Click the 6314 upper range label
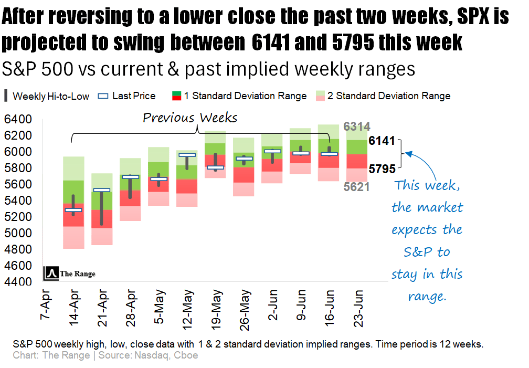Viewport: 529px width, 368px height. [357, 127]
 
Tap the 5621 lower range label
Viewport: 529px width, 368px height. [357, 186]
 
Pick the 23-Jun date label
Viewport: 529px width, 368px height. [358, 309]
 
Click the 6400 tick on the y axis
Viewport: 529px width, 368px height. [18, 120]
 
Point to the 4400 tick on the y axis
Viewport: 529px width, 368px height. [18, 282]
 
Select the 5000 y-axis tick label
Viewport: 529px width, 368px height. [18, 233]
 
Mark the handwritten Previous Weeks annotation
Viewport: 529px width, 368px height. [190, 117]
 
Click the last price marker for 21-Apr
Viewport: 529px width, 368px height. [101, 190]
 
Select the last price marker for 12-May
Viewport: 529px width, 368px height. [187, 155]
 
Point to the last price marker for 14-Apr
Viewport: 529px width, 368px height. [73, 210]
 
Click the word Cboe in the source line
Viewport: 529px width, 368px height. [187, 355]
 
